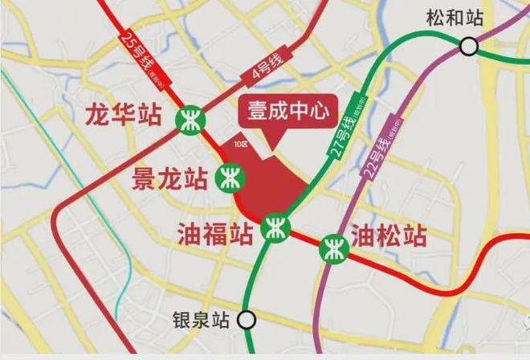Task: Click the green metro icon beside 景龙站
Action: coord(228,176)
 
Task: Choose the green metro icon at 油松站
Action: coord(331,246)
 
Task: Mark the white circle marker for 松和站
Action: coord(468,47)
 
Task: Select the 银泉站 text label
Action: coord(202,320)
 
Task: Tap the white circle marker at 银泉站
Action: coord(247,320)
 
